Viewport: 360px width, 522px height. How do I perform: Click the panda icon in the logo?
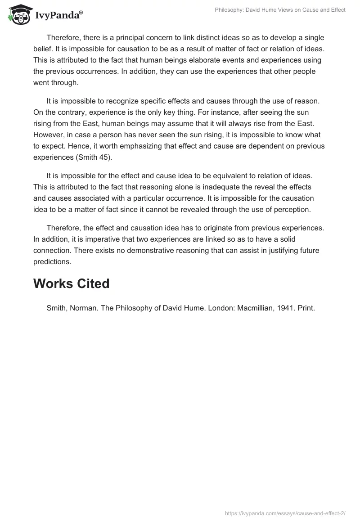tap(17, 14)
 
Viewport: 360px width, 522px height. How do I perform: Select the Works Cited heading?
tap(71, 283)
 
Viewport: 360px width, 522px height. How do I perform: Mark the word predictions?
tap(51, 261)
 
